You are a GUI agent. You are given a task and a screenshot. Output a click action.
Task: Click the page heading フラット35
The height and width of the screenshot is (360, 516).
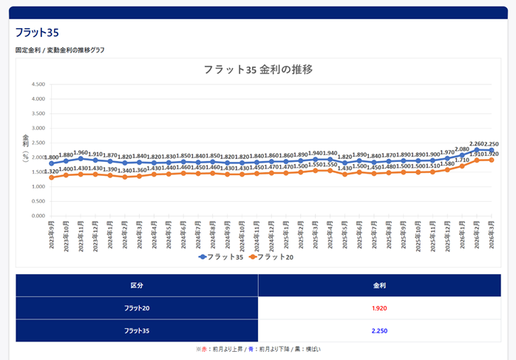tap(37, 33)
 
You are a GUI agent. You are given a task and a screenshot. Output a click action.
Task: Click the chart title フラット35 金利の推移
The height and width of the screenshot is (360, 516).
tap(258, 69)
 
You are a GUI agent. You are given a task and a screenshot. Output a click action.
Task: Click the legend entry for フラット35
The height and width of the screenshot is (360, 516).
tap(222, 257)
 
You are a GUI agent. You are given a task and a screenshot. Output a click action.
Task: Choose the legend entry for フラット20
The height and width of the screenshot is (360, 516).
tap(271, 257)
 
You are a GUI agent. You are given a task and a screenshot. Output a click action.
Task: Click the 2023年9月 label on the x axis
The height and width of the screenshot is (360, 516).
tap(52, 235)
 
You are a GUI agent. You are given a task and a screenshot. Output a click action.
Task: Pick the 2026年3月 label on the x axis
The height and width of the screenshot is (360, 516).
tap(492, 235)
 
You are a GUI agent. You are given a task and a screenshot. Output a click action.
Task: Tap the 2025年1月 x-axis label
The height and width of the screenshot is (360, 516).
tap(286, 235)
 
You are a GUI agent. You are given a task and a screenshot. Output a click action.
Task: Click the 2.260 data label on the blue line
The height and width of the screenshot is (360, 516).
tap(476, 144)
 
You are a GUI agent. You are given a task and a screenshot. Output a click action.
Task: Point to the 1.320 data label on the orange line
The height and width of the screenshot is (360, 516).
tap(52, 171)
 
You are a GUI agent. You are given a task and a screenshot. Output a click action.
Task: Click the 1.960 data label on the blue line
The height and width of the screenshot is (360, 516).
tap(81, 153)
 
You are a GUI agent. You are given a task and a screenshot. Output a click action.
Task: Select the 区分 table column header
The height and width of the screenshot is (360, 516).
tap(137, 285)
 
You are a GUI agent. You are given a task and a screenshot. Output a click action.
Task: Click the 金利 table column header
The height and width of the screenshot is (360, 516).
tap(378, 285)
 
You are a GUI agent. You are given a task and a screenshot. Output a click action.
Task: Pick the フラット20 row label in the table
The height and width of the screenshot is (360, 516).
tap(137, 308)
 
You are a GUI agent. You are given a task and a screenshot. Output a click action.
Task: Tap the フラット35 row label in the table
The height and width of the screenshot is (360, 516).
tap(137, 330)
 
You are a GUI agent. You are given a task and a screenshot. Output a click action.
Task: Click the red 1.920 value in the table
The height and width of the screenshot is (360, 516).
tap(378, 308)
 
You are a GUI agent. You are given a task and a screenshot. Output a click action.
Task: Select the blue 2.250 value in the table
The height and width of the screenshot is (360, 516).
tap(378, 330)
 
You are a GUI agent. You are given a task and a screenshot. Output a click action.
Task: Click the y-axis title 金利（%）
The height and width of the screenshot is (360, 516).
tap(25, 148)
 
